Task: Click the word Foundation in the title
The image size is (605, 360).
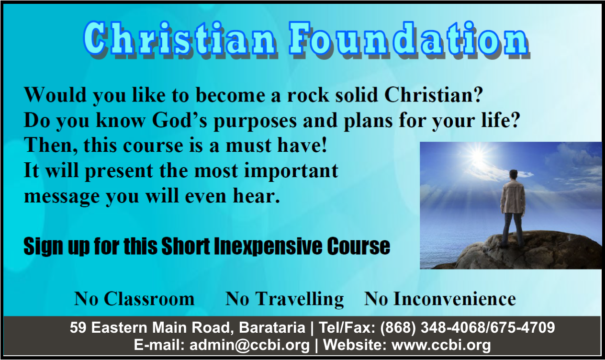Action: [x=409, y=39]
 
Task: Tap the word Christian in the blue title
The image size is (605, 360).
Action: [x=179, y=39]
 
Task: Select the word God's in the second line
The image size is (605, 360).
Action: [x=179, y=120]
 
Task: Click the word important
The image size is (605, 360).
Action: [x=291, y=172]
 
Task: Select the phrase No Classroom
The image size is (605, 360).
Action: [x=134, y=299]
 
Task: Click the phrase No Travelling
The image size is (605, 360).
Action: [x=284, y=300]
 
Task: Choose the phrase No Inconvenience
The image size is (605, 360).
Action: [x=440, y=299]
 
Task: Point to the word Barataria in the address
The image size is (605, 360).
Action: [x=272, y=327]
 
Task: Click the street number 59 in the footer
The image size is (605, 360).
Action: [x=78, y=327]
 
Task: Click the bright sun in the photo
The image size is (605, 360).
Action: [x=478, y=156]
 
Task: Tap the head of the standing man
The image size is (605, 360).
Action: [x=513, y=175]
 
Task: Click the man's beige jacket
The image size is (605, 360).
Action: [x=513, y=197]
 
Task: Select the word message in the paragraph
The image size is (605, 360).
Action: [x=62, y=197]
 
